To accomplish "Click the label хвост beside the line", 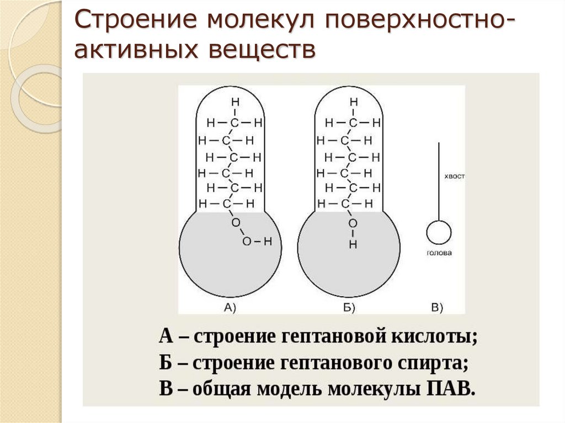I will click(455, 176).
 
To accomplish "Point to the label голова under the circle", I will click(439, 253).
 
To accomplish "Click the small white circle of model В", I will click(439, 233).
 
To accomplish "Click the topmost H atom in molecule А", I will click(235, 102).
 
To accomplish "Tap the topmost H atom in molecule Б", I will click(354, 102).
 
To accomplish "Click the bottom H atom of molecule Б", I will click(353, 244).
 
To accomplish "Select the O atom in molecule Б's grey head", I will click(353, 223).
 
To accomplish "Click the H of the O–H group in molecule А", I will click(268, 242).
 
